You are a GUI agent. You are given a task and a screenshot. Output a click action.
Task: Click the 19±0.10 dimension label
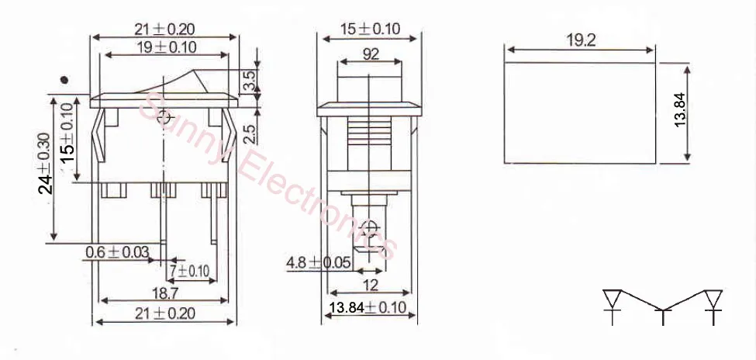pyautogui.click(x=166, y=47)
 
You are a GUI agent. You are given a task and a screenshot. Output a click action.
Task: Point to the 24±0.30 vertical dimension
pyautogui.click(x=45, y=163)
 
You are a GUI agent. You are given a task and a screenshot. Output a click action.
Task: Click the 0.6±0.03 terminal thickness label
pyautogui.click(x=117, y=252)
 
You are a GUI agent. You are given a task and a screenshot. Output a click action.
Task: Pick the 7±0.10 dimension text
pyautogui.click(x=190, y=271)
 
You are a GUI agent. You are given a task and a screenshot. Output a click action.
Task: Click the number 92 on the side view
pyautogui.click(x=371, y=55)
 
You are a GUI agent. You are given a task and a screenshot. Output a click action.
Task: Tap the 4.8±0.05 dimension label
pyautogui.click(x=319, y=262)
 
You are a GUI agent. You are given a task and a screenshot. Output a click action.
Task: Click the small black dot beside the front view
pyautogui.click(x=66, y=79)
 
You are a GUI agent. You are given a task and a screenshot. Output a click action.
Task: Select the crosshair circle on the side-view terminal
pyautogui.click(x=371, y=230)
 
